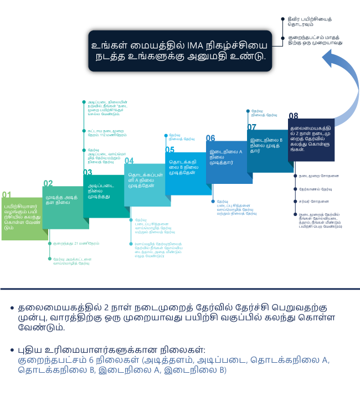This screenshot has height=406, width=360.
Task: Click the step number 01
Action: click(x=6, y=194)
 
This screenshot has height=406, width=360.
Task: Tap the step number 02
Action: click(x=48, y=183)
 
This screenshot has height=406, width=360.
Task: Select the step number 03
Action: click(x=88, y=172)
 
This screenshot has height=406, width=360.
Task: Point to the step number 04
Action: click(x=129, y=161)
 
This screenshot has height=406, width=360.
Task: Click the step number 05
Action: click(x=169, y=150)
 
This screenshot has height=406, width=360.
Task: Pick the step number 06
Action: click(x=210, y=138)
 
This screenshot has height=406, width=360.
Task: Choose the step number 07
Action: click(x=251, y=127)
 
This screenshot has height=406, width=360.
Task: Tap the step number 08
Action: click(x=293, y=116)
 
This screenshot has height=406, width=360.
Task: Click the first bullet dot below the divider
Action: click(x=12, y=308)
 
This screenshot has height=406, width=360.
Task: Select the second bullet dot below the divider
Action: click(x=12, y=350)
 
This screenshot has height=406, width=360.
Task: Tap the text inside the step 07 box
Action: click(x=266, y=145)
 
